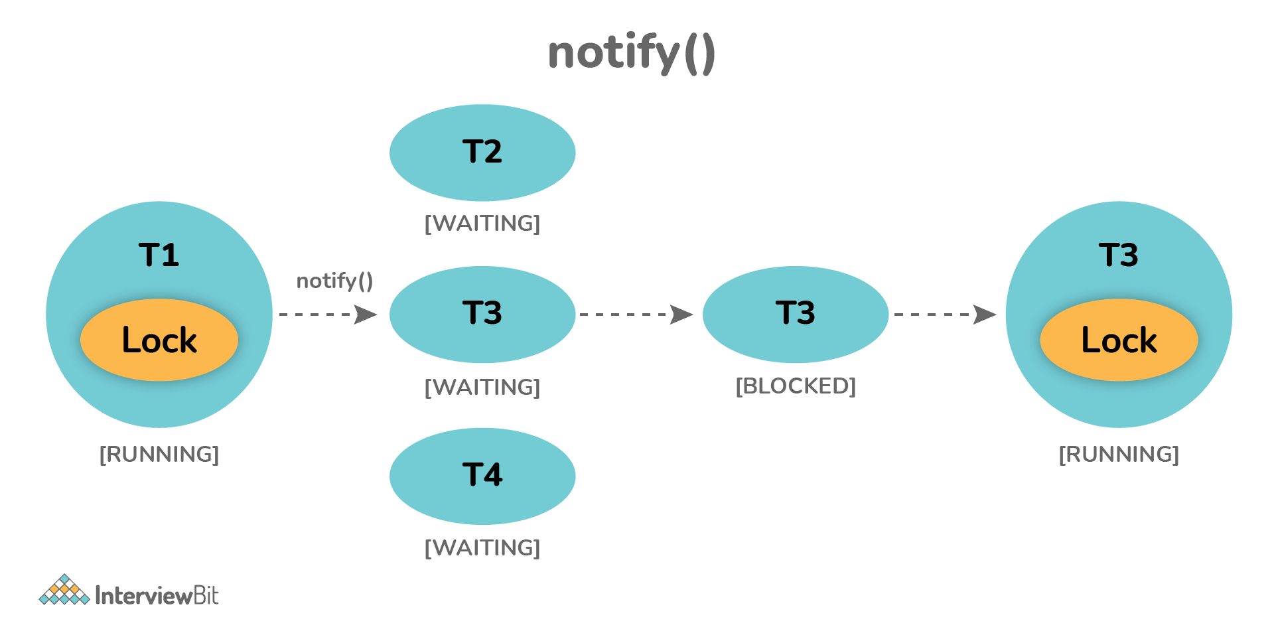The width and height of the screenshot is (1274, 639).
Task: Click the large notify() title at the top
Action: point(631,53)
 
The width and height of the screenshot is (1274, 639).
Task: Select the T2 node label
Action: point(482,152)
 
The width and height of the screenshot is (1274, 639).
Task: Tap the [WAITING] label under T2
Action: point(482,224)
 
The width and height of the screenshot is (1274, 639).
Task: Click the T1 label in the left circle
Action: point(159,255)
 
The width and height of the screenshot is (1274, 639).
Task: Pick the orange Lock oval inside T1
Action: point(159,340)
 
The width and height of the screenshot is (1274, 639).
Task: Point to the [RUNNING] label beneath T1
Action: point(159,455)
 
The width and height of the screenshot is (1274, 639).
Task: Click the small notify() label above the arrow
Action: point(334,281)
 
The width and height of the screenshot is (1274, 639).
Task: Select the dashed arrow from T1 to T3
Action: point(328,315)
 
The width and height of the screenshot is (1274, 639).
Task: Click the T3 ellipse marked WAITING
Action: point(482,314)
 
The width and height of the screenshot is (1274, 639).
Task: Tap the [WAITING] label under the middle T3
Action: point(482,387)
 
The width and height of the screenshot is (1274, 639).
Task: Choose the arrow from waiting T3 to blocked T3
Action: point(636,315)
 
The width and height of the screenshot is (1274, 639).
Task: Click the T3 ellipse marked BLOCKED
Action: point(795,314)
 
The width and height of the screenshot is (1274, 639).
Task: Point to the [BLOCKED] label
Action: point(795,386)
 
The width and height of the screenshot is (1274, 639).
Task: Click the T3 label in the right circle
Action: point(1118,255)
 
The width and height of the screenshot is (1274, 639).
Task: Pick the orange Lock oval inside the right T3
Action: point(1119,340)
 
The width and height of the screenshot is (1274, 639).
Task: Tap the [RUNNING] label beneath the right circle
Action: point(1119,455)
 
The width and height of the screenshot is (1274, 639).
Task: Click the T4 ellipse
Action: point(482,476)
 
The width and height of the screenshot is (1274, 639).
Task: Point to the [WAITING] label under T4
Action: point(482,548)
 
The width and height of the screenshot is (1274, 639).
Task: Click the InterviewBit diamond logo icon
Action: point(64,591)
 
